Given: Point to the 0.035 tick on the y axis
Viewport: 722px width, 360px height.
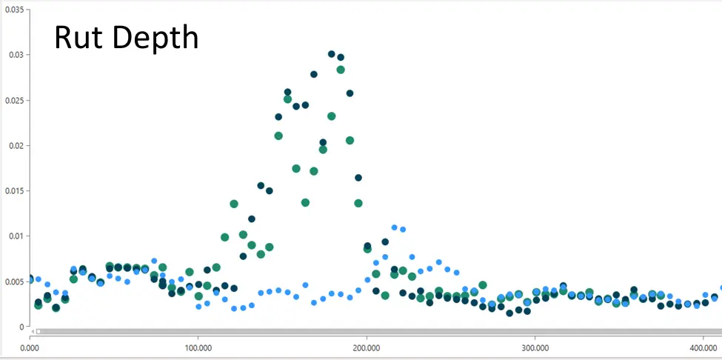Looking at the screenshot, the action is (x=15, y=9).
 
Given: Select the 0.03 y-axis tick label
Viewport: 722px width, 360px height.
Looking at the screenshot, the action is (x=16, y=55).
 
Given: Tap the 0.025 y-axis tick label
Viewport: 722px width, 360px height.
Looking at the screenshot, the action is (x=15, y=100).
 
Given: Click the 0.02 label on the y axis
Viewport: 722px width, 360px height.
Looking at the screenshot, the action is (x=16, y=145).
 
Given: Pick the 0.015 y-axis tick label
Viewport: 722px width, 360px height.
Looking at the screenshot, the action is (x=15, y=190).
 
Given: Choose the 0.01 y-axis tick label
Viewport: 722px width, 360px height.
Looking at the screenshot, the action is (x=16, y=236).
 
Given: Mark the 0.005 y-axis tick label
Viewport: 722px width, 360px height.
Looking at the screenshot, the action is (x=15, y=281).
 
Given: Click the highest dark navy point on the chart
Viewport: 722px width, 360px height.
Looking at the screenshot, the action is (x=332, y=54).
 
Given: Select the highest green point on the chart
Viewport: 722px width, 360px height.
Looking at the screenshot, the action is (x=341, y=70).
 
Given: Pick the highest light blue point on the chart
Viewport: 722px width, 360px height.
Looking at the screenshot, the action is (x=394, y=227).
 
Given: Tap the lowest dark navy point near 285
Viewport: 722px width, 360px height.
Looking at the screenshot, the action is (x=509, y=313).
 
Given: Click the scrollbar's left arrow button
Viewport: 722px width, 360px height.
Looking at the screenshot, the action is (x=33, y=331).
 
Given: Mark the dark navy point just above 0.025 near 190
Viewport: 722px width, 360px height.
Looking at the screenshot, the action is (x=350, y=93).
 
